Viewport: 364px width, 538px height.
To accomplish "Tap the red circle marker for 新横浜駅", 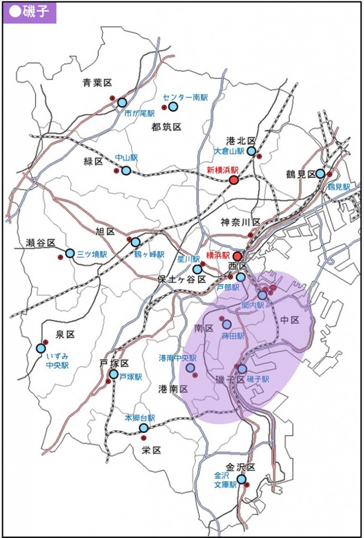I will [234, 180].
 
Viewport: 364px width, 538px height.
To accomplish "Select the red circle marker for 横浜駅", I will [237, 256].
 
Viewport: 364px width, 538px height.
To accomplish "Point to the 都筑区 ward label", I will [166, 127].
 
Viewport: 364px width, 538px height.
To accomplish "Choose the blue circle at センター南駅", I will [173, 107].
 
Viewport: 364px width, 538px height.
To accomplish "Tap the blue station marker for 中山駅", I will [126, 170].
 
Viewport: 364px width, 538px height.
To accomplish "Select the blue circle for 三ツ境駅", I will [70, 253].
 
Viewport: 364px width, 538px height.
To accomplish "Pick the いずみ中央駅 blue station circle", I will [41, 348].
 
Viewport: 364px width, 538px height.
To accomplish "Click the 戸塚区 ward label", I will [114, 363].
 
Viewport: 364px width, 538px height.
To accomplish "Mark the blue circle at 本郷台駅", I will [144, 428].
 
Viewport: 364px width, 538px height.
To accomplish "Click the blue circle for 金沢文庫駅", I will [241, 479].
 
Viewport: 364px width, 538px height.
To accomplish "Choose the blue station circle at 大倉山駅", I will [251, 151].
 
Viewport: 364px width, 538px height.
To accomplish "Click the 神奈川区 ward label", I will [237, 221].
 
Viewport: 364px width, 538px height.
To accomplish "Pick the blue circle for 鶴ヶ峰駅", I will [135, 242].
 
